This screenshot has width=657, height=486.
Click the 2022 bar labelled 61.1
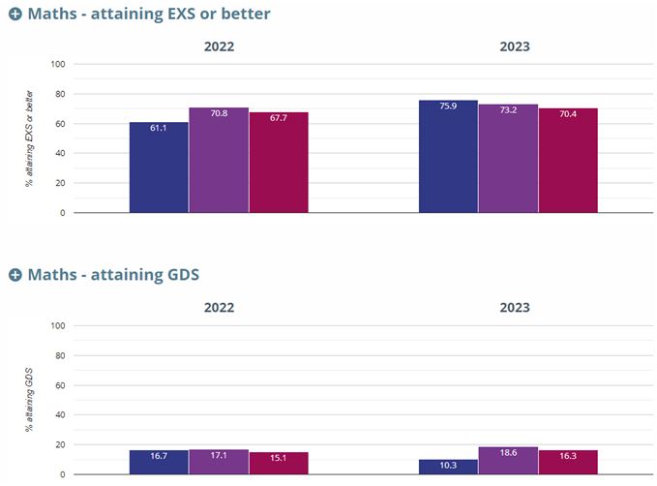tap(159, 167)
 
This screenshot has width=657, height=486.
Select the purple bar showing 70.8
tap(219, 160)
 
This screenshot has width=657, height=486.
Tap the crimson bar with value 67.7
tap(279, 163)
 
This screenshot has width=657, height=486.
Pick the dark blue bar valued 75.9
tap(448, 156)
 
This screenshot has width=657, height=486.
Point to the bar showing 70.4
tap(568, 160)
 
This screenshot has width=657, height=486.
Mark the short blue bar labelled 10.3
tap(448, 467)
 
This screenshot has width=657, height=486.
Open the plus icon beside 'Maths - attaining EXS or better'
tap(15, 15)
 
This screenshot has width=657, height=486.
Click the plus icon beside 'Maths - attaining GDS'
tap(15, 275)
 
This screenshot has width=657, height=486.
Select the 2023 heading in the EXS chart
tap(514, 46)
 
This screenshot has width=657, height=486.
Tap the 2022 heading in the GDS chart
tap(219, 307)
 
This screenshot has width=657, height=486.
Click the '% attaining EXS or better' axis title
tap(30, 138)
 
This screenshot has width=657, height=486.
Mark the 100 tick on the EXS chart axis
tap(57, 64)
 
